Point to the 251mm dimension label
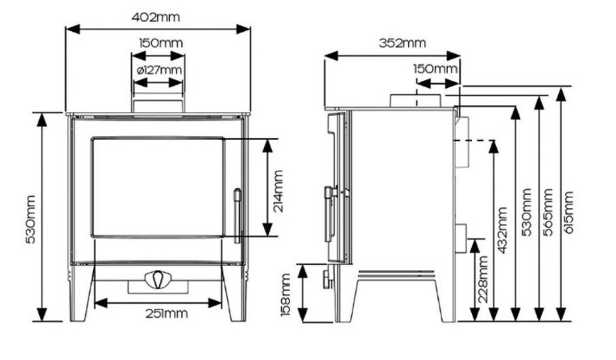[x=164, y=314]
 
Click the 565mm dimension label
[x=550, y=212]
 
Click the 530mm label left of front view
[x=29, y=217]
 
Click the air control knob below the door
[x=156, y=281]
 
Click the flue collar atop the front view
[x=157, y=102]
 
